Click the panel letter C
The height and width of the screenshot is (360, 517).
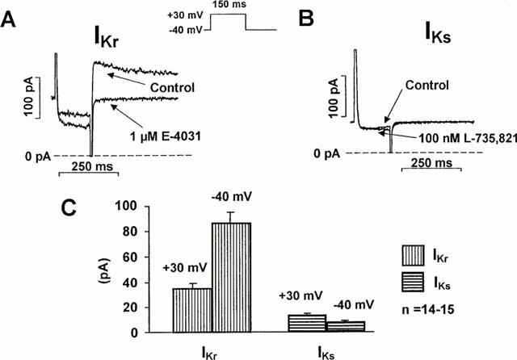click(x=69, y=208)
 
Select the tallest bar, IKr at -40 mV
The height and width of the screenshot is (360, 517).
click(x=231, y=277)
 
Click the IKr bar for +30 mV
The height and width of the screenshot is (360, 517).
click(x=192, y=310)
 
